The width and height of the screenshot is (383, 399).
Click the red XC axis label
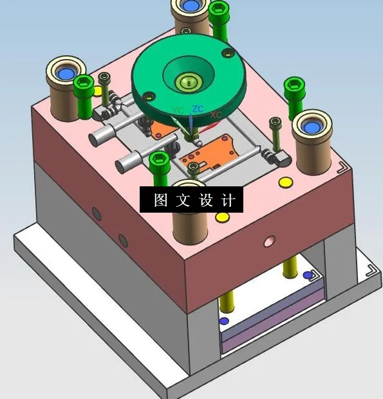pyautogui.click(x=216, y=115)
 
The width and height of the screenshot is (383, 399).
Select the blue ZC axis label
pyautogui.click(x=198, y=109)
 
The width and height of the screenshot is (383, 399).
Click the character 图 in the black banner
pyautogui.click(x=161, y=200)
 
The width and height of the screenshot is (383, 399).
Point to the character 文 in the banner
pyautogui.click(x=183, y=200)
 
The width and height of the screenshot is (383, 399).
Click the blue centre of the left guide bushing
pyautogui.click(x=66, y=74)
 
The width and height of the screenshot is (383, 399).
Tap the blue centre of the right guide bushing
pyautogui.click(x=313, y=126)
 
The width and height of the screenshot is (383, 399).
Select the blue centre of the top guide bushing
pyautogui.click(x=191, y=6)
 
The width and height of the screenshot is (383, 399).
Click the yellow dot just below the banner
pyautogui.click(x=222, y=217)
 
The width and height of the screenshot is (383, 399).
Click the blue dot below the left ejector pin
pyautogui.click(x=223, y=321)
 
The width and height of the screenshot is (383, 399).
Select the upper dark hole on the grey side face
pyautogui.click(x=97, y=213)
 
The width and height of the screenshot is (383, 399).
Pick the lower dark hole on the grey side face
pyautogui.click(x=123, y=240)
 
